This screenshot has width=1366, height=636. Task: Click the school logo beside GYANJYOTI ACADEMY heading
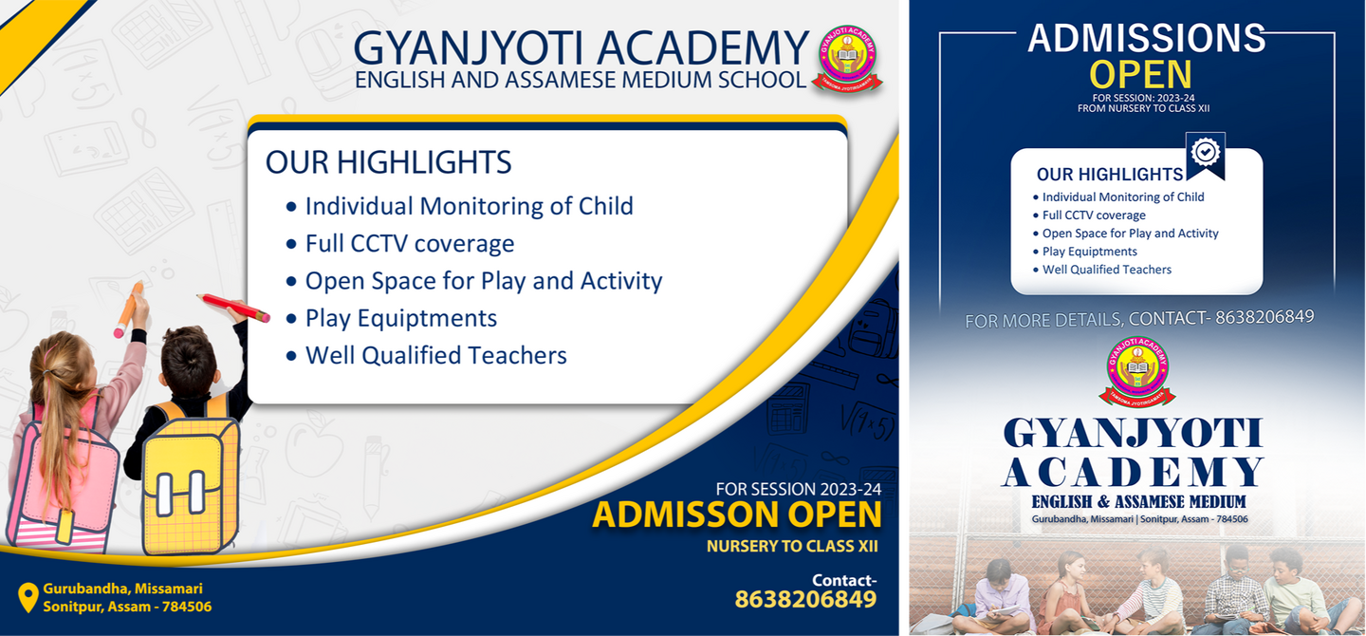coord(847,59)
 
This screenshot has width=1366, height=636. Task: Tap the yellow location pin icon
coord(28,597)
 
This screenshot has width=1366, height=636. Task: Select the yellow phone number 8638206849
coord(805,599)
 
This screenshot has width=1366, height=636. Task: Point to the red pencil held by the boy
coord(233,307)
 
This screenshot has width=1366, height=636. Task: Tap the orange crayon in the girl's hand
coord(129,309)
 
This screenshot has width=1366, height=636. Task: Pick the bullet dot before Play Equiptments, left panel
coord(291,319)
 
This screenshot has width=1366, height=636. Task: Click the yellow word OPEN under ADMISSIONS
coord(1140,75)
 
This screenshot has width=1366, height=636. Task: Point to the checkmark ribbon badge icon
coord(1206,155)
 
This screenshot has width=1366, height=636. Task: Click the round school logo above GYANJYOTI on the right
coord(1137,371)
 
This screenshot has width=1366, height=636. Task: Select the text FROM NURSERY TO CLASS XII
coord(1143,108)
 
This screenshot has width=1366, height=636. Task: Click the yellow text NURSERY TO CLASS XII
coord(792,546)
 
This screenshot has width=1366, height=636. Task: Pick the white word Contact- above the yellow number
coord(844,580)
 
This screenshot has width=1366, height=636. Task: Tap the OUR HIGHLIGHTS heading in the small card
coord(1110,175)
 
